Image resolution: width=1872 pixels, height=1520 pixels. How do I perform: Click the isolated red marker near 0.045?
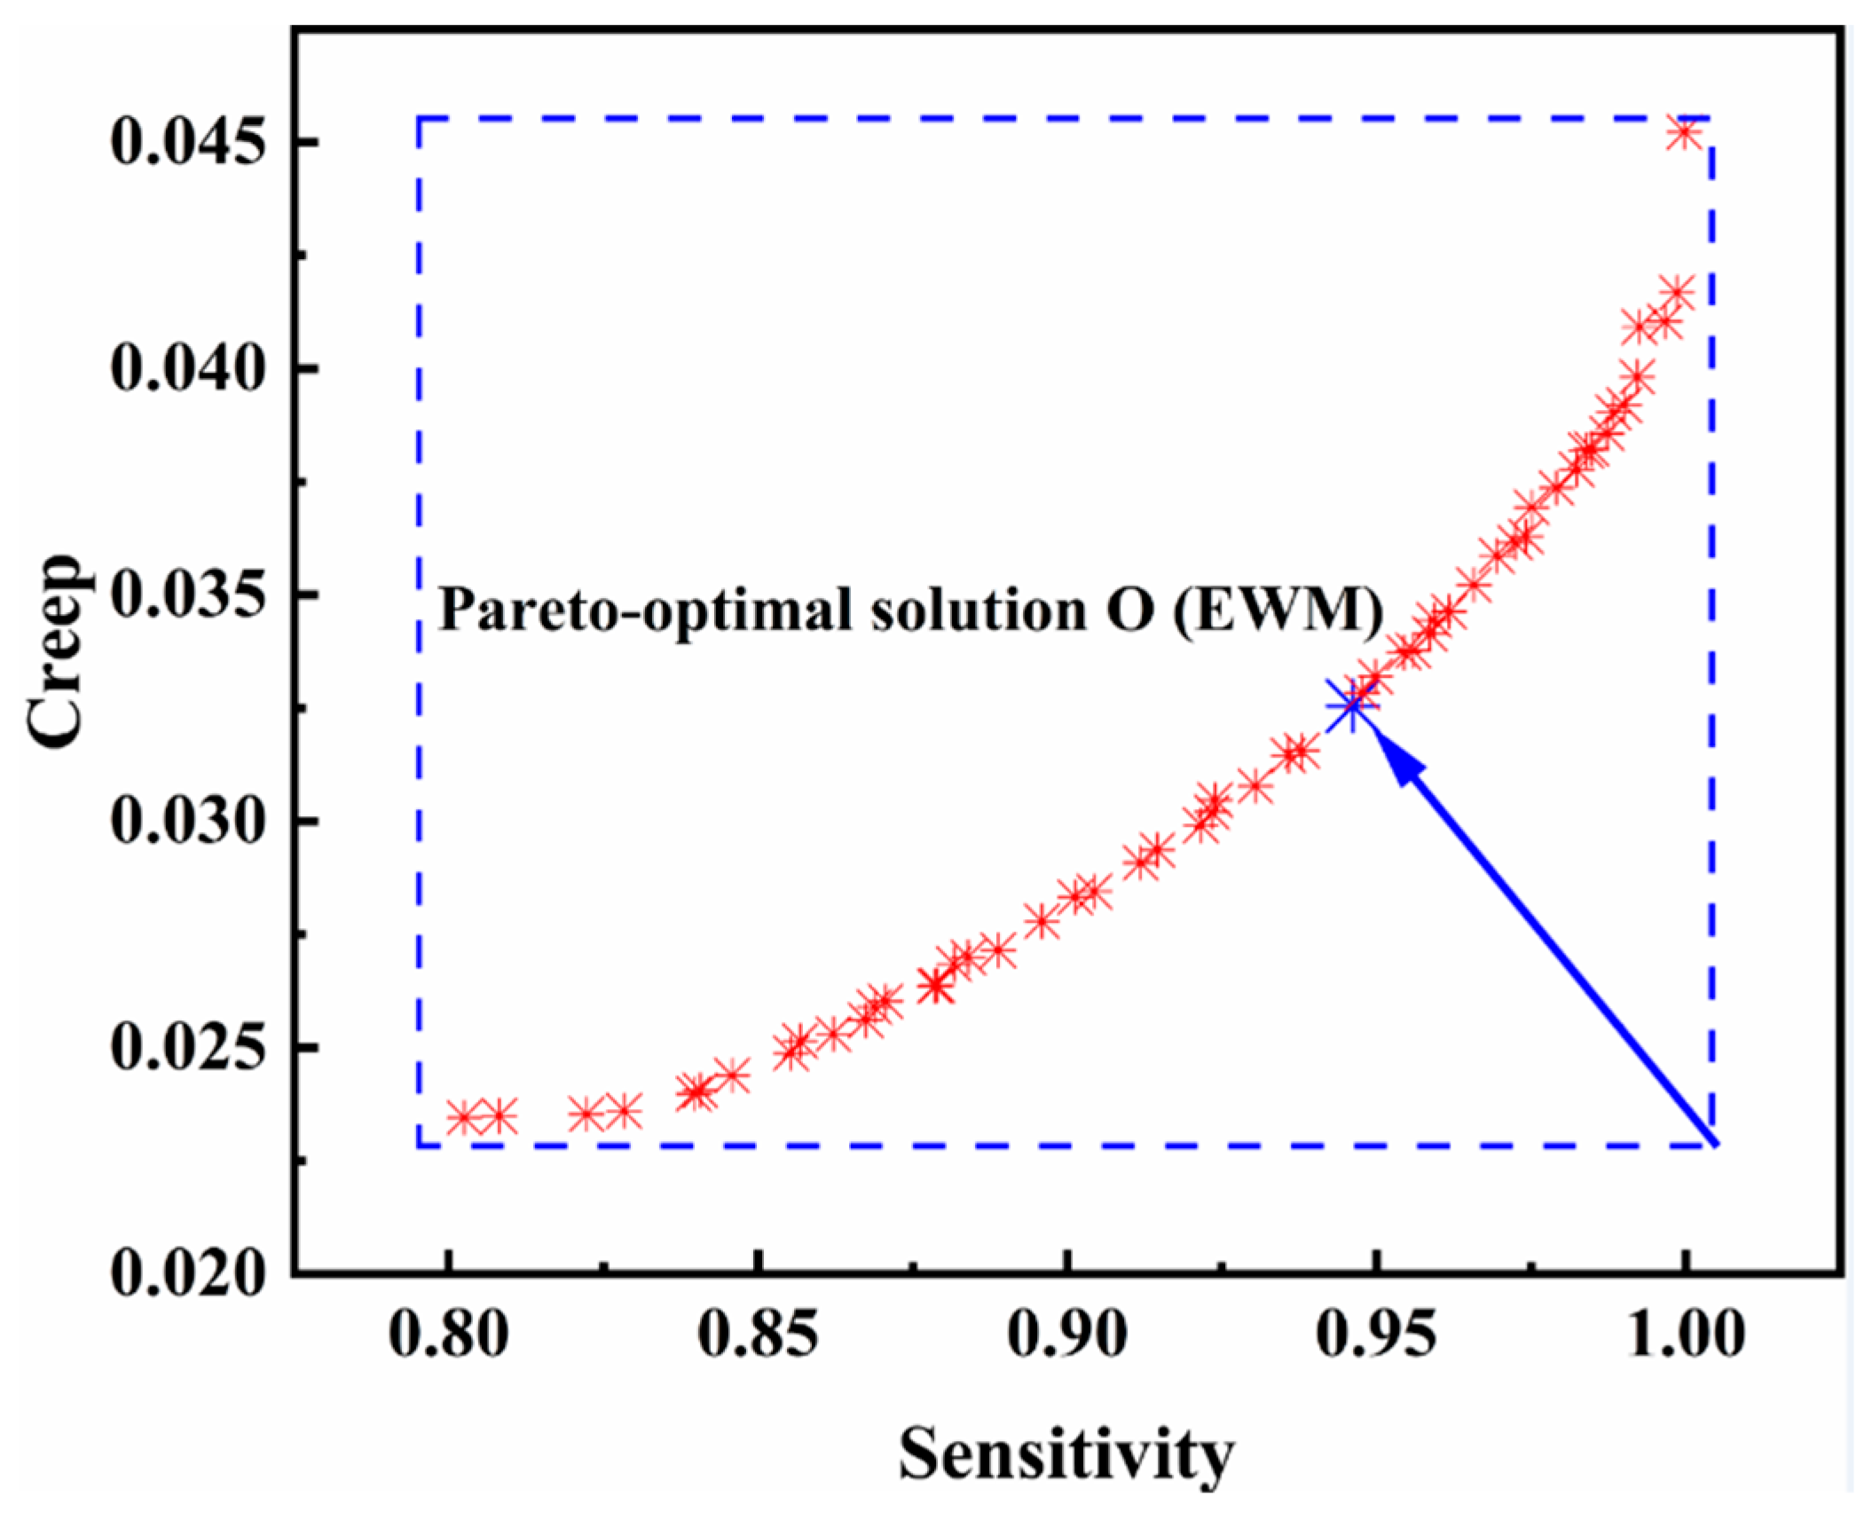(x=1683, y=133)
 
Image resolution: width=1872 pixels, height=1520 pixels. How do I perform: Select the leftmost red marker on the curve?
(x=462, y=1117)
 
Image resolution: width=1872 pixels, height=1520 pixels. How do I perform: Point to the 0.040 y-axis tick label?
(x=188, y=368)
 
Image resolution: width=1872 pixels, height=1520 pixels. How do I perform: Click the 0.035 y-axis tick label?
(x=188, y=595)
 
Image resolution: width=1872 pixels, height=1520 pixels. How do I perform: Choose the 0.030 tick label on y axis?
(x=188, y=822)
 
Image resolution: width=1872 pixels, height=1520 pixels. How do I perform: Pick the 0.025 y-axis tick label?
(x=188, y=1048)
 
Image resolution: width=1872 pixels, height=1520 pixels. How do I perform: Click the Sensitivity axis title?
(x=1066, y=1456)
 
